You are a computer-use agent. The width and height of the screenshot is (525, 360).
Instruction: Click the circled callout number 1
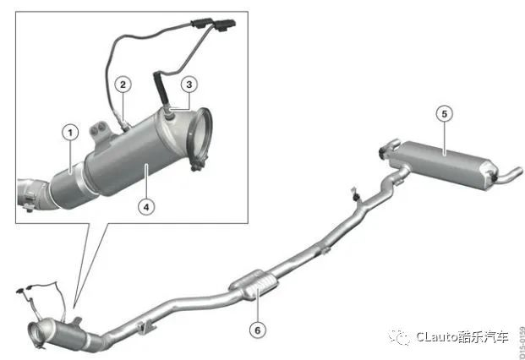(x=70, y=133)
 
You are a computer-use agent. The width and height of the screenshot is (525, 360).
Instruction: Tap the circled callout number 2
(x=123, y=85)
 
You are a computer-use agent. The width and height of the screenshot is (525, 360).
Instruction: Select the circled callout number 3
(x=189, y=85)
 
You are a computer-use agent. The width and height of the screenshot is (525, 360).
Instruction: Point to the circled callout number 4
(x=146, y=207)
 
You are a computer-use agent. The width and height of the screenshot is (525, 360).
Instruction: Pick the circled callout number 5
(x=445, y=114)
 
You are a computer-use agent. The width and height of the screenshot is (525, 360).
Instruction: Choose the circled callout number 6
(x=258, y=330)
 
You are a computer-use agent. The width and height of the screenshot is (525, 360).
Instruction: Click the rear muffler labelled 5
(x=446, y=165)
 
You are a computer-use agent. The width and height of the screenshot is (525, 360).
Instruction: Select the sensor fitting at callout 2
(x=124, y=124)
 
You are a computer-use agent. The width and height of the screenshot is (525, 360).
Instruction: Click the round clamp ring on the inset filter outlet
(x=201, y=137)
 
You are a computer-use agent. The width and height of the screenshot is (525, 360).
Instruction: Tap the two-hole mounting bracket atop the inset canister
(x=99, y=132)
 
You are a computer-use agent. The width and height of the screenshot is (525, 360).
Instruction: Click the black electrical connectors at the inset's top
(x=213, y=25)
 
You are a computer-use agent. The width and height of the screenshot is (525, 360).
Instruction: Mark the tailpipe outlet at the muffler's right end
(x=511, y=176)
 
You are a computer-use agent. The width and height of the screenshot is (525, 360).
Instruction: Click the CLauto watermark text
(x=462, y=336)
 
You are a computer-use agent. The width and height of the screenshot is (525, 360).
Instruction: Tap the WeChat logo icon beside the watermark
(x=400, y=337)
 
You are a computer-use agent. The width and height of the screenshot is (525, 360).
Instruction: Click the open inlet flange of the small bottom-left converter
(x=36, y=334)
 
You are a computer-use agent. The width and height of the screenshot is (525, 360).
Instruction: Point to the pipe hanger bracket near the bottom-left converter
(x=146, y=328)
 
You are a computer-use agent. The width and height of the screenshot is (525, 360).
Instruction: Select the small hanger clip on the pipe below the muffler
(x=356, y=195)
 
